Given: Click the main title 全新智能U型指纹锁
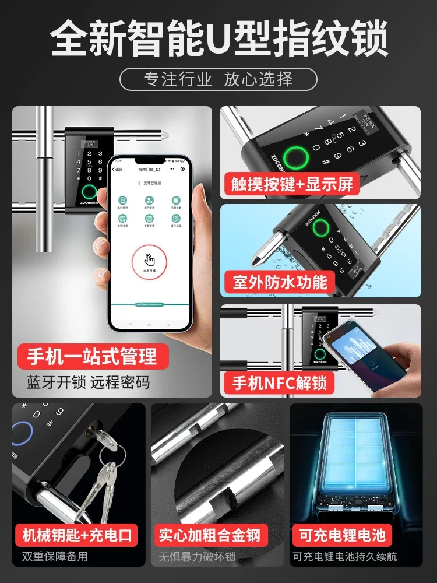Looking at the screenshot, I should point(218,38).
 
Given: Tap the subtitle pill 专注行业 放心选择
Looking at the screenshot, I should point(218,79).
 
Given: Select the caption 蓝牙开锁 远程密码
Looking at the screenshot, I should point(88,382).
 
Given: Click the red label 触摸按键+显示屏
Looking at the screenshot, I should point(290,185).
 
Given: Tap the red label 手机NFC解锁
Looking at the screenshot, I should point(280,382).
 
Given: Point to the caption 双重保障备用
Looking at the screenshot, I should point(56,556).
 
